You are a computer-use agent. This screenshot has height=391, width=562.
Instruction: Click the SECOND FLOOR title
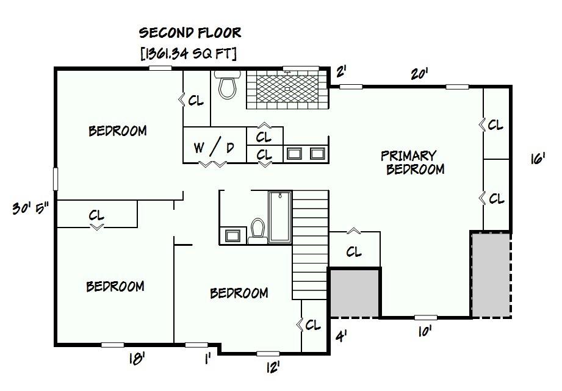190,32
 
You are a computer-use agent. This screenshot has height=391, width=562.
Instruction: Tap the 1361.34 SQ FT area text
189,54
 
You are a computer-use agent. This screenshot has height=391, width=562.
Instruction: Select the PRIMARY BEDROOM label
413,162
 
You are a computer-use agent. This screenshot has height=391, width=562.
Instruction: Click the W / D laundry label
214,147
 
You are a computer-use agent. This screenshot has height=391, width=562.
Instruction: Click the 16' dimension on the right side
538,159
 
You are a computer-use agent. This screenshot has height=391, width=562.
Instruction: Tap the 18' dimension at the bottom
137,359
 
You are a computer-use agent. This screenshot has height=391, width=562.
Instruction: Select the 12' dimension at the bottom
273,367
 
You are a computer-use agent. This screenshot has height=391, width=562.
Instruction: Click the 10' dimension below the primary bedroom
424,331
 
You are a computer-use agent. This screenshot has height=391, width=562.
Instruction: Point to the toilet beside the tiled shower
228,85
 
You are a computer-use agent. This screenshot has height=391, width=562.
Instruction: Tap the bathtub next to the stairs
280,217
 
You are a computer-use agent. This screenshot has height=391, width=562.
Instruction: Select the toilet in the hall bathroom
258,231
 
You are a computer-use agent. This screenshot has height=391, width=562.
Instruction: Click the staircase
311,245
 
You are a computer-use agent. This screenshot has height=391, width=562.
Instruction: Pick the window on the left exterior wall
56,179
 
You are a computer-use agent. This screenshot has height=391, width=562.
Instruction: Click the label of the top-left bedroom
118,131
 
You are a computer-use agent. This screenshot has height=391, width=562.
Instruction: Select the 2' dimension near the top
340,72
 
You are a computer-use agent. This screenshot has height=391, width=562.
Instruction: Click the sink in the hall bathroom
233,235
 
